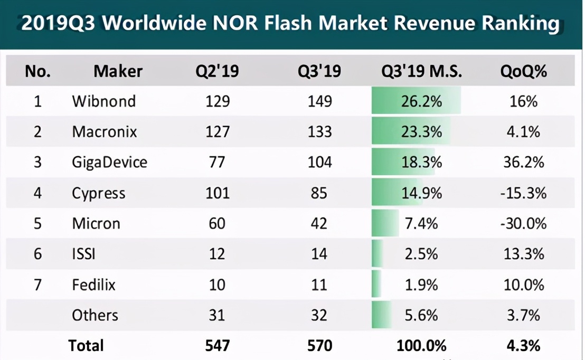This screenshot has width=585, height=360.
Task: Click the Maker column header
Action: [x=118, y=71]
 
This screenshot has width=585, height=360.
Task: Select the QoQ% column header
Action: [x=523, y=71]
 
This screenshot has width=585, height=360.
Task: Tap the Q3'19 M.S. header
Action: [x=421, y=71]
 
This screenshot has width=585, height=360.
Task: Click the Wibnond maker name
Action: [x=103, y=101]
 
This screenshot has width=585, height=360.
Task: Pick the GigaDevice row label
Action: [x=109, y=162]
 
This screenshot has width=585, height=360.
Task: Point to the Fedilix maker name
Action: [x=93, y=285]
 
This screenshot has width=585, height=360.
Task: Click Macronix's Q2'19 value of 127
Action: [x=217, y=131]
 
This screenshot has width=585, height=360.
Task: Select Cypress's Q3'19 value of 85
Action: [x=319, y=193]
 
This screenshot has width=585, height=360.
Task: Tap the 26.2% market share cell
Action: [x=421, y=101]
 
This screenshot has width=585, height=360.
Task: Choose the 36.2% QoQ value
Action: [x=523, y=162]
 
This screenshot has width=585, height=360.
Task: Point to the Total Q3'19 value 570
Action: [x=319, y=346]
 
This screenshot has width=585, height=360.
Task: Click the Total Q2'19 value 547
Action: [x=217, y=346]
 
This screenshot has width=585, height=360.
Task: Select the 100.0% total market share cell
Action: [x=421, y=346]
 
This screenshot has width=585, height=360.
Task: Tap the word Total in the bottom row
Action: [x=86, y=346]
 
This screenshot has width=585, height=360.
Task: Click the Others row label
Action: [x=95, y=315]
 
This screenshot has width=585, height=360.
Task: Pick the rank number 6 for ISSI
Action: [x=37, y=254]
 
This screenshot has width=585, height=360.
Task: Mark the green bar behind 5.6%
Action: [x=381, y=315]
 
